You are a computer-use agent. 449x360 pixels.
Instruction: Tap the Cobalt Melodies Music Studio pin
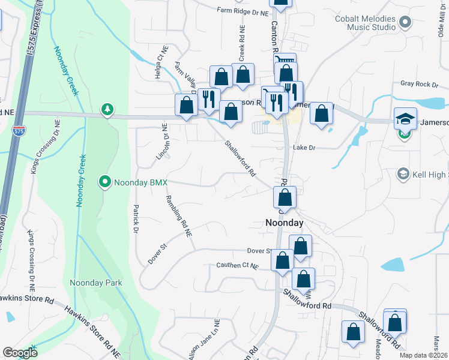pos(404,23)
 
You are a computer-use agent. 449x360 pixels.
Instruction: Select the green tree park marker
pos(107,109)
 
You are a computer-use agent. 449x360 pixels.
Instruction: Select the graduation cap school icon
pos(405,118)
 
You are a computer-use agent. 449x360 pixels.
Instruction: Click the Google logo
pos(20,353)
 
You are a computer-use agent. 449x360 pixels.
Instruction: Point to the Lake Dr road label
pos(304,147)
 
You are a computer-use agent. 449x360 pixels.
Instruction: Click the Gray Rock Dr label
pos(416,84)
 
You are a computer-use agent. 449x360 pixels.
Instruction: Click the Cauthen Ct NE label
pos(238,265)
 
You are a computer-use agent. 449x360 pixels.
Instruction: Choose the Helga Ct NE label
pos(162,59)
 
